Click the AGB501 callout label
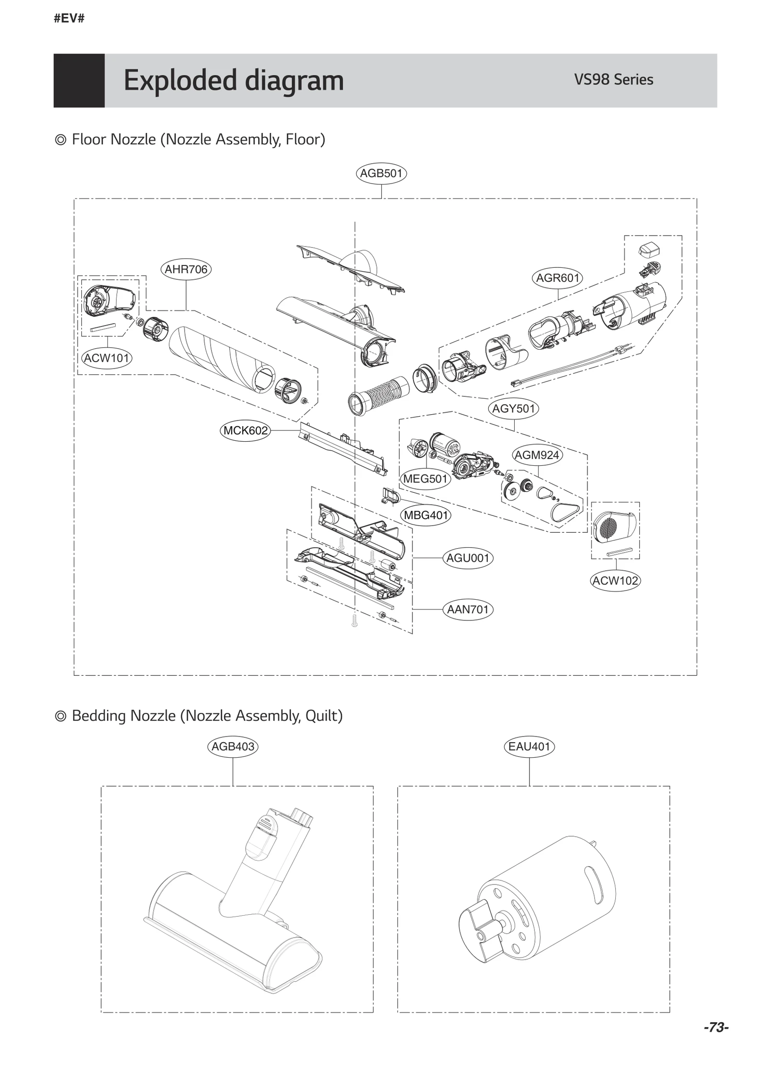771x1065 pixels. click(x=381, y=173)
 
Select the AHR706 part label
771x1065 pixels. click(x=186, y=269)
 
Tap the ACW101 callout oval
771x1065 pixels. click(x=106, y=358)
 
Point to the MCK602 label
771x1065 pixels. click(x=245, y=431)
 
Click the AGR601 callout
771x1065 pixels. click(x=558, y=278)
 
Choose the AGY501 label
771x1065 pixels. click(x=514, y=409)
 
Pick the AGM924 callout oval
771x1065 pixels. click(x=537, y=455)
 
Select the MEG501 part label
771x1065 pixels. click(x=425, y=479)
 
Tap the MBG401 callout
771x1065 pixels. click(x=426, y=515)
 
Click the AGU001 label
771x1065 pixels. click(x=468, y=558)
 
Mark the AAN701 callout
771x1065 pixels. click(x=468, y=610)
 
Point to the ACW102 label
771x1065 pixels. click(x=615, y=581)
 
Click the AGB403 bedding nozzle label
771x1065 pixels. click(x=233, y=747)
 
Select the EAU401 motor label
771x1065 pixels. click(x=529, y=747)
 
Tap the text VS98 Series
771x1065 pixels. click(x=613, y=79)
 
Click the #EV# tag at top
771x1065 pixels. click(x=69, y=19)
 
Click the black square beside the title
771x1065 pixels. click(x=79, y=80)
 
